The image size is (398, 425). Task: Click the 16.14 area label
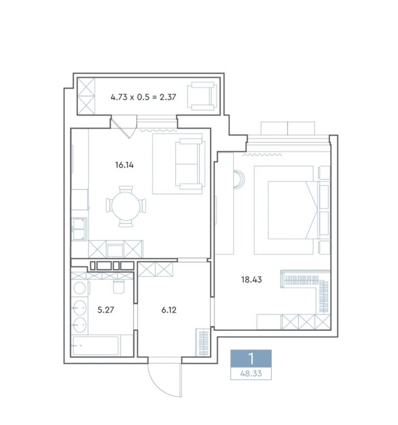[124, 165]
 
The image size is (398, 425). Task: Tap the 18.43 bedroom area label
[251, 279]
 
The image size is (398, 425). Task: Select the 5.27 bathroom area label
[106, 310]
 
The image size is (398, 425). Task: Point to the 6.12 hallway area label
[169, 310]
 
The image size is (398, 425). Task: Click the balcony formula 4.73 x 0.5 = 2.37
[143, 97]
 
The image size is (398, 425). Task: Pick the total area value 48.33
[251, 373]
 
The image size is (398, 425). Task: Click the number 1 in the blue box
[251, 359]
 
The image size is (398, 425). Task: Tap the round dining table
[126, 206]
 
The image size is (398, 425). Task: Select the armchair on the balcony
[202, 96]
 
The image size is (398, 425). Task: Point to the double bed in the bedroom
[292, 210]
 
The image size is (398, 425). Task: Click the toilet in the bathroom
[119, 286]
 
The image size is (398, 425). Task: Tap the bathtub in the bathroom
[95, 345]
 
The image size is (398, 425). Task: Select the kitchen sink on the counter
[79, 229]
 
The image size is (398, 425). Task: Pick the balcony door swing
[123, 127]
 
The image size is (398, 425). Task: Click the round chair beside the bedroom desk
[239, 178]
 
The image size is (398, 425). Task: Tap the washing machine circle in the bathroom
[79, 288]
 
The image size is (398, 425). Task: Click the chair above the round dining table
[126, 189]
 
